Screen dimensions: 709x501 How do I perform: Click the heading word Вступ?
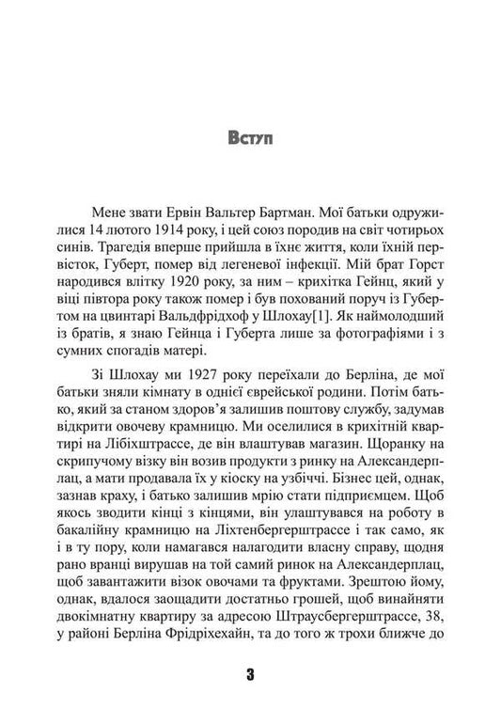point(250,141)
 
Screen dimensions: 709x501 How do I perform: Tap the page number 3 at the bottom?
point(250,674)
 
